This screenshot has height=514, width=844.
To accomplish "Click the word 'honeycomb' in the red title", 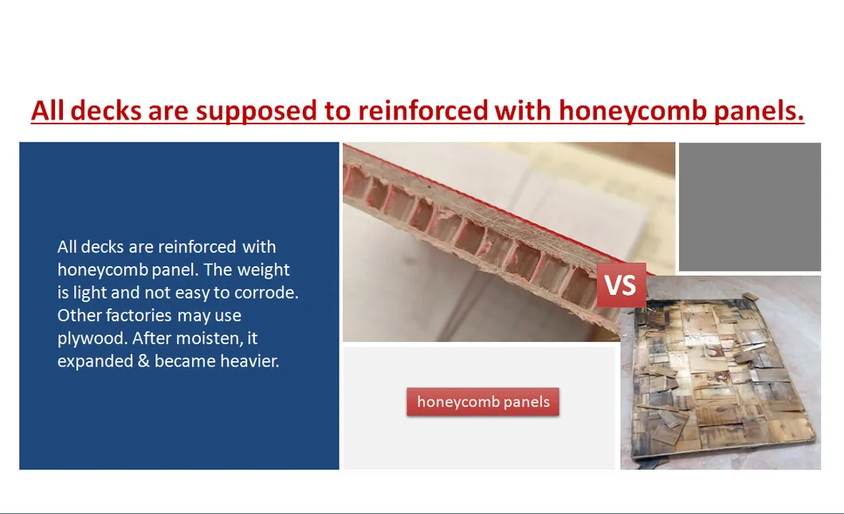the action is pos(633,111).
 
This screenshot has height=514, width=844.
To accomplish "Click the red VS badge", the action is pos(621,284).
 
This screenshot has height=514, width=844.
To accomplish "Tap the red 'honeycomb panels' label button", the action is pos(483,402).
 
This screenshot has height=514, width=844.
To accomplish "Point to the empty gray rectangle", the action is pos(750,206).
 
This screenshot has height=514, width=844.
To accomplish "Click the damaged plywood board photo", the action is pos(720,372).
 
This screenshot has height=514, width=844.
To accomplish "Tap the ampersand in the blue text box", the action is pos(143,361).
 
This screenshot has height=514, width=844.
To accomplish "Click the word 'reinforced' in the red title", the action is pos(422,111).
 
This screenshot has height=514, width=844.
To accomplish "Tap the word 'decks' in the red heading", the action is pos(106,111).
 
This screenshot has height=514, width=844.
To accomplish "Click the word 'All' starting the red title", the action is pos(48,111).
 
